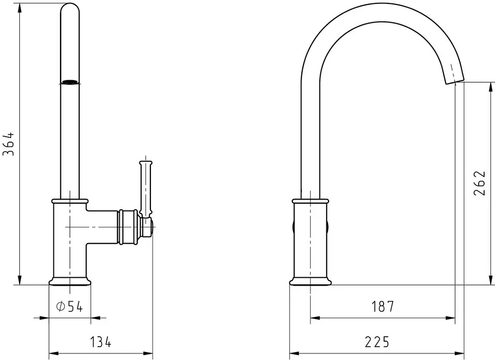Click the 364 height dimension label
[9, 144]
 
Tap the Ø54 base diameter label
[69, 307]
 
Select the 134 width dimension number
[101, 342]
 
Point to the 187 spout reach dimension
[383, 307]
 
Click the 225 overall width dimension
[377, 342]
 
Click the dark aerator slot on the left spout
[70, 82]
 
